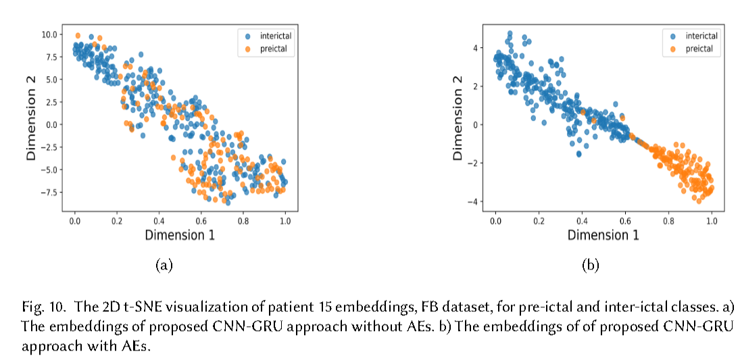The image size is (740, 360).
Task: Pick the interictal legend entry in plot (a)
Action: pyautogui.click(x=274, y=36)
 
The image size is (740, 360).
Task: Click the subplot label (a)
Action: pyautogui.click(x=164, y=265)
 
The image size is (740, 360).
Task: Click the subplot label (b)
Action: pyautogui.click(x=590, y=265)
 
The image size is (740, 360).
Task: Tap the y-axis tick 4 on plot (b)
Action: pyautogui.click(x=476, y=48)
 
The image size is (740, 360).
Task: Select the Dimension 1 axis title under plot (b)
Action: pyautogui.click(x=603, y=235)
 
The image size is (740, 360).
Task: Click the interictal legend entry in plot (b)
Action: pyautogui.click(x=700, y=36)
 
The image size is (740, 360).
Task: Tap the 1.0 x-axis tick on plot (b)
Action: pyautogui.click(x=712, y=221)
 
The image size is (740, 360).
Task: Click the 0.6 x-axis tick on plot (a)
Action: pyautogui.click(x=201, y=221)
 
